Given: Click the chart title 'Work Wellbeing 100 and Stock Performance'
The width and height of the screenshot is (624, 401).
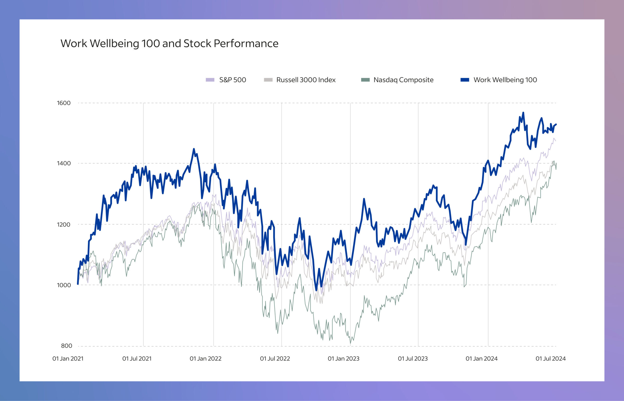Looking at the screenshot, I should point(169,43).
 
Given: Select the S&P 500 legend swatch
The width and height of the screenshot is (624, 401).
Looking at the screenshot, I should point(210,80).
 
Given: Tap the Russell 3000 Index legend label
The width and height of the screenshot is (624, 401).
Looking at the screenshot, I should point(306,80).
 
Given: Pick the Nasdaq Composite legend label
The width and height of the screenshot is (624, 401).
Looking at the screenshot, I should point(403,80).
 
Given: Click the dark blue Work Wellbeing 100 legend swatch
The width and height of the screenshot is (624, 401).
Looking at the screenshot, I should point(465,80).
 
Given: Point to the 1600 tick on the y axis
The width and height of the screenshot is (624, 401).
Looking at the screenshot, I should point(64,103).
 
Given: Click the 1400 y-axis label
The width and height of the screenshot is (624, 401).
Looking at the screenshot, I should point(64,164).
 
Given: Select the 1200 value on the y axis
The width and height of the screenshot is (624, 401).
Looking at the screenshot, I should point(64,224).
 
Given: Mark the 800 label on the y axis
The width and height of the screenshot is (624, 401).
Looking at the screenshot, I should point(67,346).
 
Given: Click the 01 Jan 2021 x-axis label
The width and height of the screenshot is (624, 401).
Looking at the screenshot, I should point(68,359).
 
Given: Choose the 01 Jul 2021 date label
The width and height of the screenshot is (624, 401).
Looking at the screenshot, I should point(137,359).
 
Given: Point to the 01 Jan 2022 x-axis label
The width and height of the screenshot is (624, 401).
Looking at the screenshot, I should point(205,359).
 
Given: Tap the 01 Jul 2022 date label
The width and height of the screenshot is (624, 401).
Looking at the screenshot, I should point(275,359).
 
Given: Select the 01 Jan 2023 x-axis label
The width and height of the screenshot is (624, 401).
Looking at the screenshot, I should point(344,359).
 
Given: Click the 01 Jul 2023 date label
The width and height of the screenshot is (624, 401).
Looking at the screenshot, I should point(413,359).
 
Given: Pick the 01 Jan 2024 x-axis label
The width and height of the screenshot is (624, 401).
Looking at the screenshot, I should point(482,359).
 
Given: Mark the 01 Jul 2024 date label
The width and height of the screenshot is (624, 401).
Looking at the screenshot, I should point(551,359).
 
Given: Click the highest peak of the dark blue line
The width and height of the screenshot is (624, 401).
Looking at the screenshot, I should point(523,113).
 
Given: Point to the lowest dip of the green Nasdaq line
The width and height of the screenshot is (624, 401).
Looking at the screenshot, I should point(350,343).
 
